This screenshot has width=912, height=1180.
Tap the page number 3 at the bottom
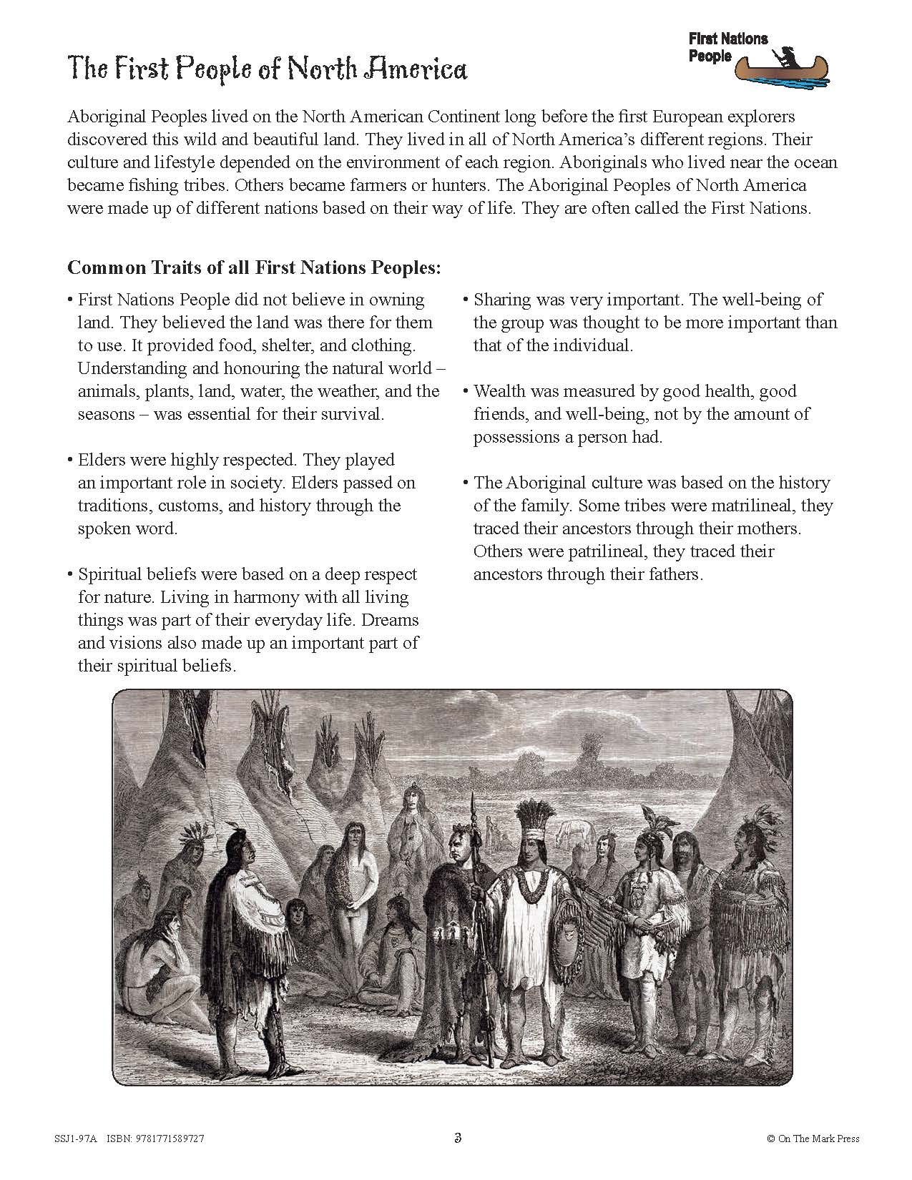coord(456,1138)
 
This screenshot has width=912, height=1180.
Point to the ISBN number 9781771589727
coord(172,1139)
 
